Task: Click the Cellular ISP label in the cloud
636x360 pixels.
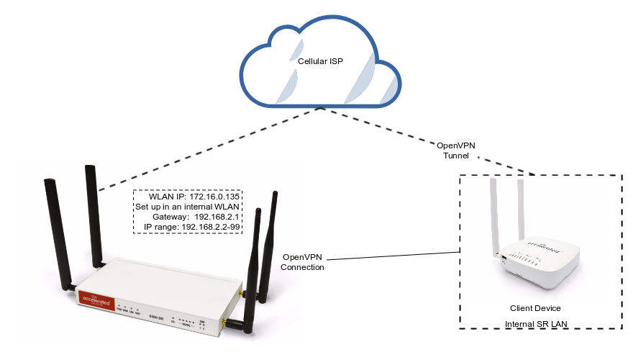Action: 320,62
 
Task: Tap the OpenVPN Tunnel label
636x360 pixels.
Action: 456,150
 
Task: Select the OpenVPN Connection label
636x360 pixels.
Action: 304,262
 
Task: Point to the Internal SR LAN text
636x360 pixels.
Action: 536,325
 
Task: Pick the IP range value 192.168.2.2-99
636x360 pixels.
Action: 209,227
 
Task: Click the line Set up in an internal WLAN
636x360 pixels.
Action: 188,207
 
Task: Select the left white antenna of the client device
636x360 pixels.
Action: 494,216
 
